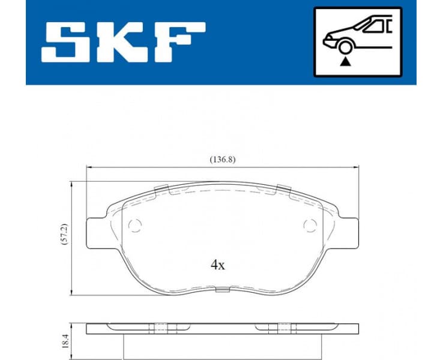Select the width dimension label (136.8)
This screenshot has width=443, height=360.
click(221, 160)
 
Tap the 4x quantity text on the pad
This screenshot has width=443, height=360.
click(217, 265)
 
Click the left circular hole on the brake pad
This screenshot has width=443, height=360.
click(135, 226)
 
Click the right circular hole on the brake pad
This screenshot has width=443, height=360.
click(310, 226)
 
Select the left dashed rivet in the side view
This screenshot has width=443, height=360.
click(161, 328)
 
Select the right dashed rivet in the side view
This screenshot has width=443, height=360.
click(282, 328)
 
